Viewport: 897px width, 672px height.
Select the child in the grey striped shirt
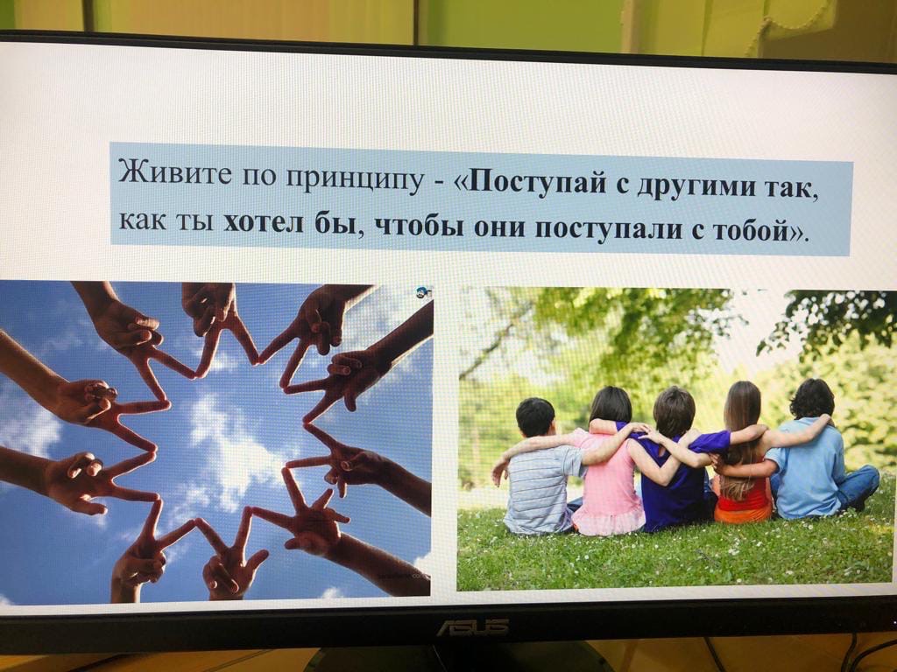[x=537, y=469]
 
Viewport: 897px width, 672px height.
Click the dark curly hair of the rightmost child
[x=812, y=398]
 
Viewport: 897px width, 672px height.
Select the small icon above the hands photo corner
[x=423, y=292]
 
